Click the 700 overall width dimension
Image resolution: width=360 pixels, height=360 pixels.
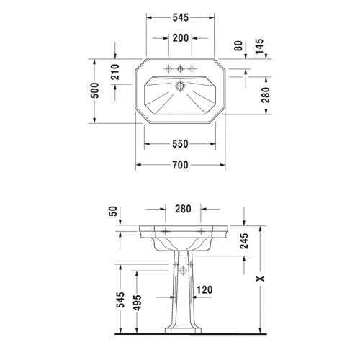180,165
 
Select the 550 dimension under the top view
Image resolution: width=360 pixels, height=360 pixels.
180,144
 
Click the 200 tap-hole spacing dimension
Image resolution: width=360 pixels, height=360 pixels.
180,37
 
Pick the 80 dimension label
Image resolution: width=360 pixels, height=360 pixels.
238,45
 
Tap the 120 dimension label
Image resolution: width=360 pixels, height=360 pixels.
204,290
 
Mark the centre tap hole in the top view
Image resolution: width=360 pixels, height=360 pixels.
180,69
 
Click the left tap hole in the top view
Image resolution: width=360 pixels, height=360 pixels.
168,69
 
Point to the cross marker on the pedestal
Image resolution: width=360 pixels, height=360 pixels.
181,271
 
